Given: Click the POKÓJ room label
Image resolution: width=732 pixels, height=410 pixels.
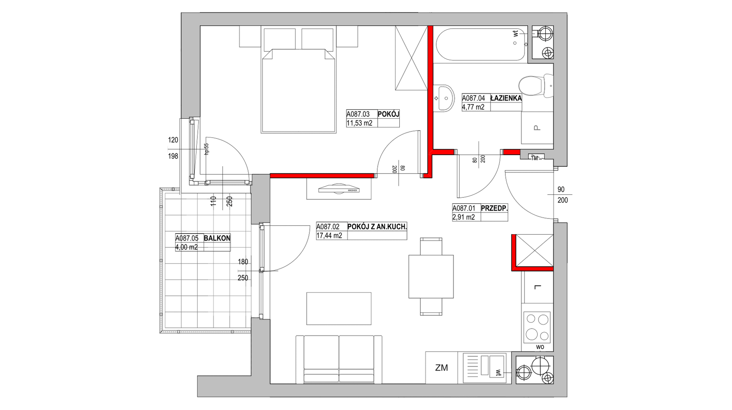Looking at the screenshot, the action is (x=388, y=114).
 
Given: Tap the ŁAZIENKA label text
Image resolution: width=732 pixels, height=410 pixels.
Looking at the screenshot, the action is (x=506, y=98).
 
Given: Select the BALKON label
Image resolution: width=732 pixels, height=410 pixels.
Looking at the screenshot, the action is (x=217, y=238).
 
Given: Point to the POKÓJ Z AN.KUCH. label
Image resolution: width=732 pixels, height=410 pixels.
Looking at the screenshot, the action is (x=377, y=227).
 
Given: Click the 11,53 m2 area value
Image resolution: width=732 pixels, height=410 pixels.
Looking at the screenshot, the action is (x=359, y=123).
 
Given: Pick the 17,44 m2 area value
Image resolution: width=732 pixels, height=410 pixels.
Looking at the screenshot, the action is (x=329, y=236).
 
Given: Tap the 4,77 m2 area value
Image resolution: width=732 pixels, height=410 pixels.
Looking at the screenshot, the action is (x=473, y=107).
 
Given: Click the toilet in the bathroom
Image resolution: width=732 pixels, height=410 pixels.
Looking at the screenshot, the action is (x=536, y=86).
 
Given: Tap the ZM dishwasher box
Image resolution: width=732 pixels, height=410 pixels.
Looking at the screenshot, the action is (x=442, y=368).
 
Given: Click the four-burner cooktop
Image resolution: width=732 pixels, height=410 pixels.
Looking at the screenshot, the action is (x=537, y=327).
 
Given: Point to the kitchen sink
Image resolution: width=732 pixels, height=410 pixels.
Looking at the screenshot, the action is (x=484, y=367).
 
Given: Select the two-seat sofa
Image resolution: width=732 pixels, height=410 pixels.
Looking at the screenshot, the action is (x=339, y=359).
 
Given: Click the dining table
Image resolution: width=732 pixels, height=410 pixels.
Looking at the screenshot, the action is (x=431, y=276).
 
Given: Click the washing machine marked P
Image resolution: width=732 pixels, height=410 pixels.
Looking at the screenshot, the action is (x=537, y=128).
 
